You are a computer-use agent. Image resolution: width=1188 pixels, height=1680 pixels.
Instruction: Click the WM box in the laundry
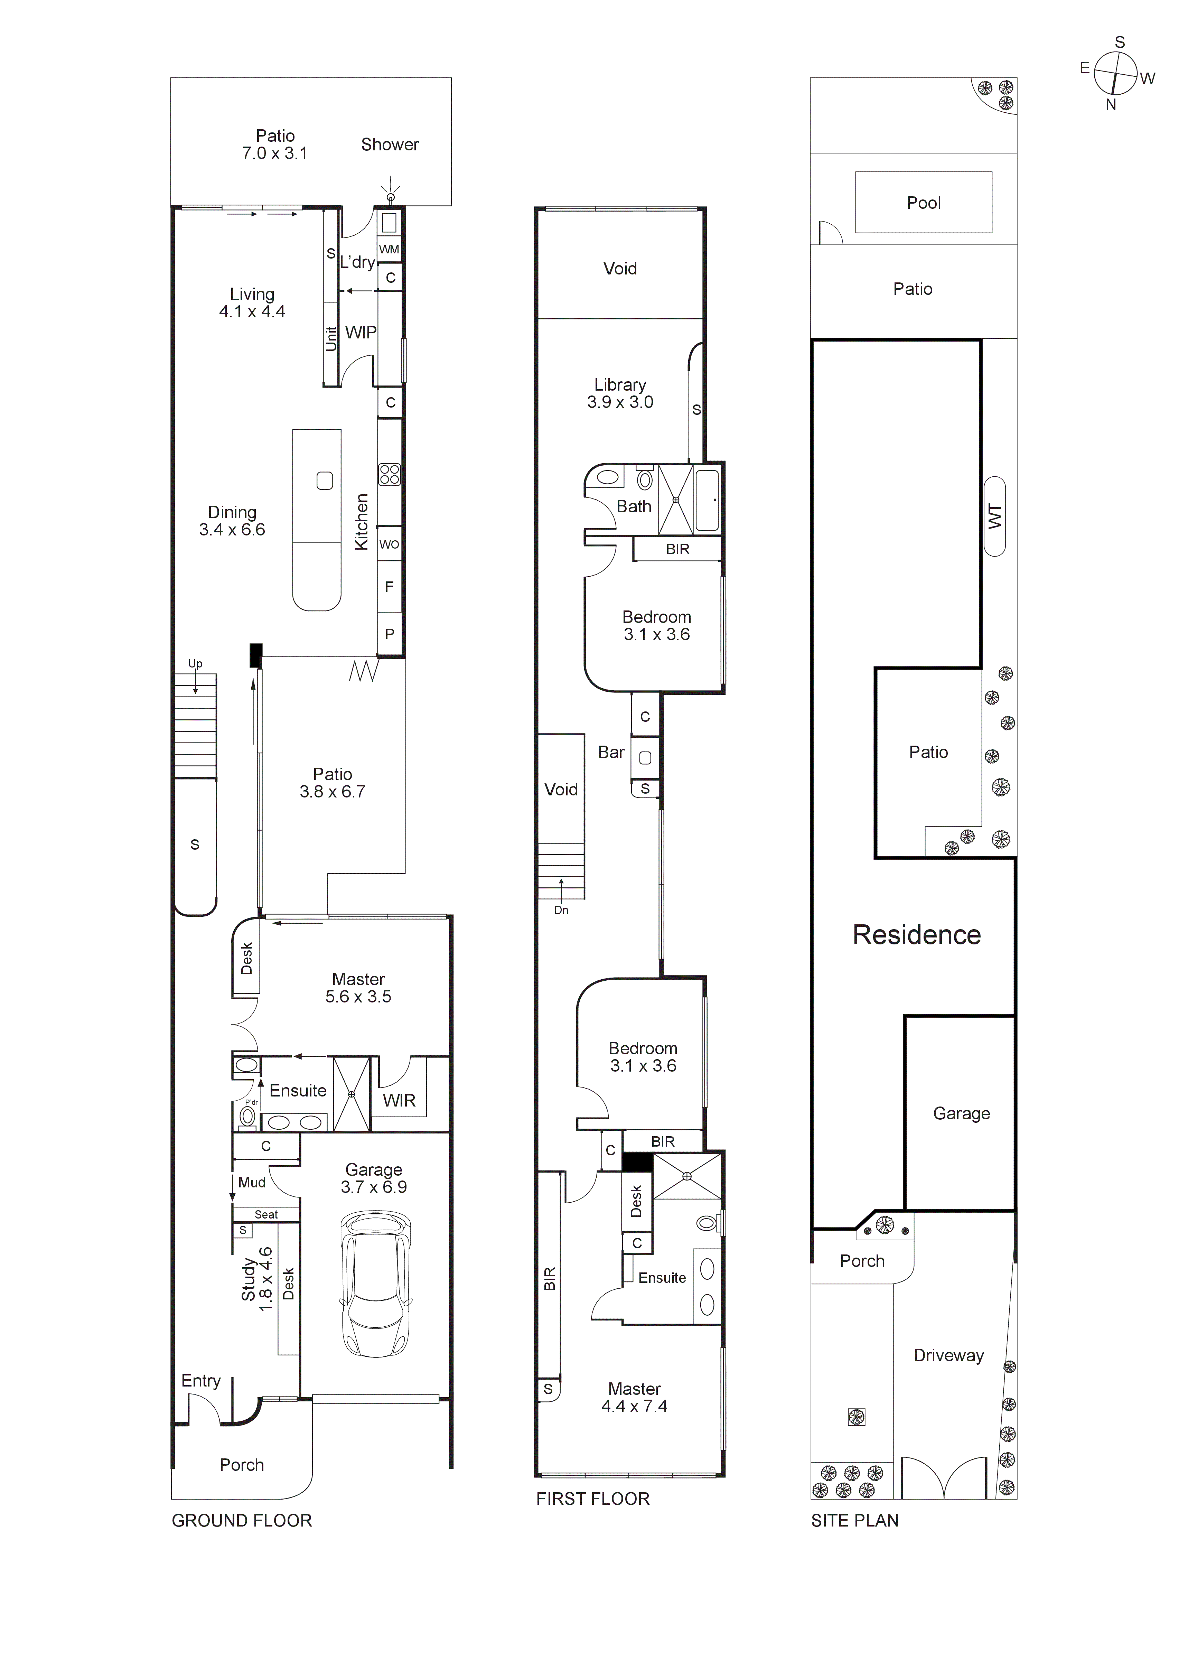pos(389,250)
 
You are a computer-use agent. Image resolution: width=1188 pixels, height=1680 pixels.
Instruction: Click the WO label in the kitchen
pos(389,544)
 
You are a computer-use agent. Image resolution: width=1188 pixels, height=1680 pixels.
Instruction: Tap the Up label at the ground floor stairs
pos(195,664)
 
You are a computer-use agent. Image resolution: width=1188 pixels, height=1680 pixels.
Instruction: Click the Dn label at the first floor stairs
pos(561,909)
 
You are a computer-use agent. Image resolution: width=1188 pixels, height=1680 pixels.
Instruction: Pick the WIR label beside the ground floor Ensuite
pos(399,1101)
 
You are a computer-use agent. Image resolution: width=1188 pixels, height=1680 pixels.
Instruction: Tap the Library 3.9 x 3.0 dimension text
pos(620,402)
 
